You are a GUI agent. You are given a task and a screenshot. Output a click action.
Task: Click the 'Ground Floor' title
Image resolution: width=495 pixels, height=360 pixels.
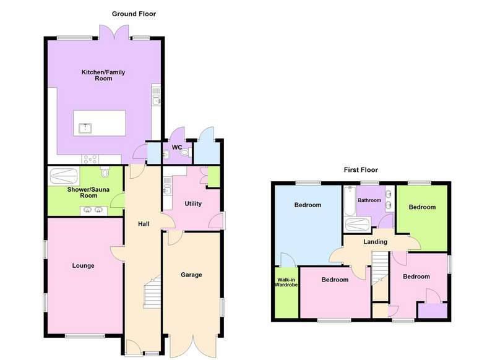coord(134,14)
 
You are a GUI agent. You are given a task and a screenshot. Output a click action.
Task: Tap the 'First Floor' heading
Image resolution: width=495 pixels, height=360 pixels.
coord(361,170)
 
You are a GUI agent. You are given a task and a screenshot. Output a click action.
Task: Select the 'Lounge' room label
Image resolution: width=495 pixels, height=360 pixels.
coord(83,265)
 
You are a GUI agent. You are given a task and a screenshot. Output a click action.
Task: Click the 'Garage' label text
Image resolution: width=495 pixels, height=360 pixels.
coord(191,275)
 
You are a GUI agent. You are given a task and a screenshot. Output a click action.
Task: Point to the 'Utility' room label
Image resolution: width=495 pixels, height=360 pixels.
coord(193,204)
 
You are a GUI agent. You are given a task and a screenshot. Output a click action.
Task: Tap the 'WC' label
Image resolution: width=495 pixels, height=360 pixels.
coord(177,147)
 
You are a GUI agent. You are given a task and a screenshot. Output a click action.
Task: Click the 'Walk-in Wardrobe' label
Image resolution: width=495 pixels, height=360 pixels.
coord(286,282)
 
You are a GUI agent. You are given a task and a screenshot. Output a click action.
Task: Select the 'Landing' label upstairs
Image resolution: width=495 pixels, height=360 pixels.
coord(375,242)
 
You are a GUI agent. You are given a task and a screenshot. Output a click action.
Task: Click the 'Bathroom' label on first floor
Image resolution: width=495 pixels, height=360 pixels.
coord(369,200)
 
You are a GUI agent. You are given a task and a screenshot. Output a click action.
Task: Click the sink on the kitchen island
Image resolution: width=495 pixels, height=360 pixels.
coord(85,128)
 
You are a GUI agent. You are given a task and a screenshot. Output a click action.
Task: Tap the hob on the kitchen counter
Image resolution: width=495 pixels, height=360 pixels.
coord(90,160)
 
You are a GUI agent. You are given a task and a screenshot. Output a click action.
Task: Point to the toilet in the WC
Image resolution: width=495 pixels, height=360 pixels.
coord(185,152)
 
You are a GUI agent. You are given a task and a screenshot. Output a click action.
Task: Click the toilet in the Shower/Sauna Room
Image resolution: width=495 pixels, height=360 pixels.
coord(105,173)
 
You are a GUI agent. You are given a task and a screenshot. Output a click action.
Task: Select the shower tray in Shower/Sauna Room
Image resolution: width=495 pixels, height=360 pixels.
coord(64,176)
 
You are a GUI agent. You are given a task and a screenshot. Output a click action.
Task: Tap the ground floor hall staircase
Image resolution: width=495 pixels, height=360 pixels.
coord(152,292)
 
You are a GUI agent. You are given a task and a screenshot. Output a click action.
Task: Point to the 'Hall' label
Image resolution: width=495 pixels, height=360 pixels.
coord(144,224)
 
